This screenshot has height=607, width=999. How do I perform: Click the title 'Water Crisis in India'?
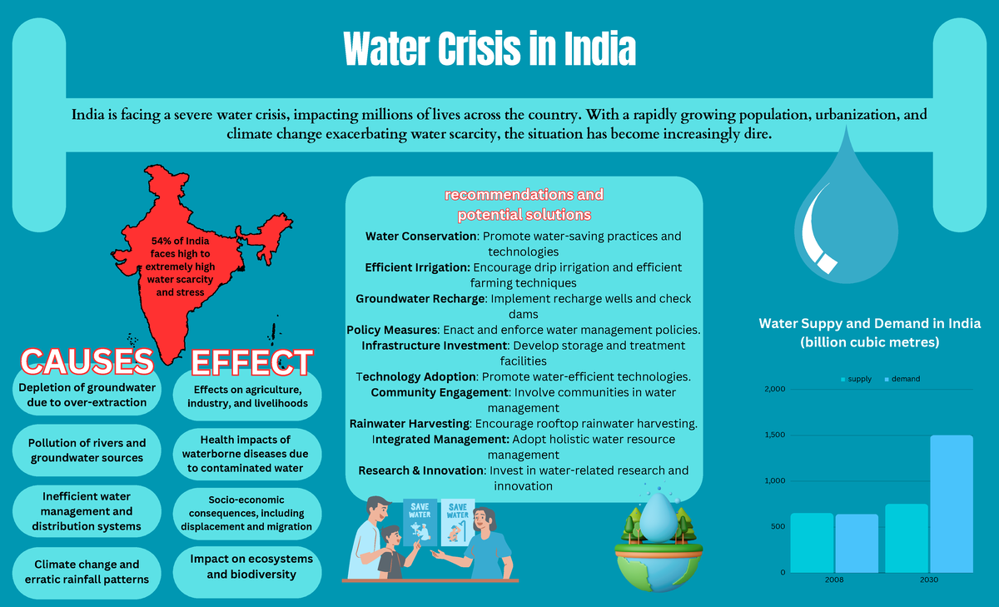tap(490, 50)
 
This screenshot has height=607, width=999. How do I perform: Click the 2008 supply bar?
tap(812, 543)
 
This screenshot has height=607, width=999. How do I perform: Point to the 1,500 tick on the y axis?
tap(773, 435)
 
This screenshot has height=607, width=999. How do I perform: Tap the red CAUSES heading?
tap(87, 361)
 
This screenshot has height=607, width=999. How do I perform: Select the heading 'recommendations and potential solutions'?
tap(524, 204)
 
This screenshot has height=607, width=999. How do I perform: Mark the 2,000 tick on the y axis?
tap(773, 390)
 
